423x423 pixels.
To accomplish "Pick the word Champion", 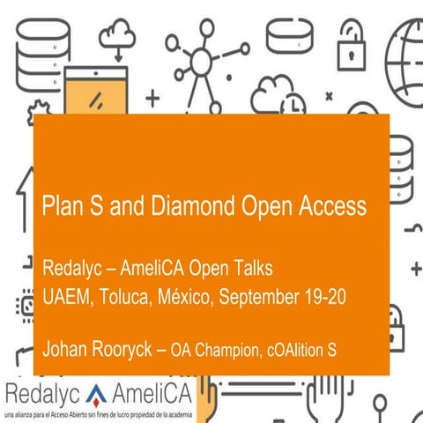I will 227,351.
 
